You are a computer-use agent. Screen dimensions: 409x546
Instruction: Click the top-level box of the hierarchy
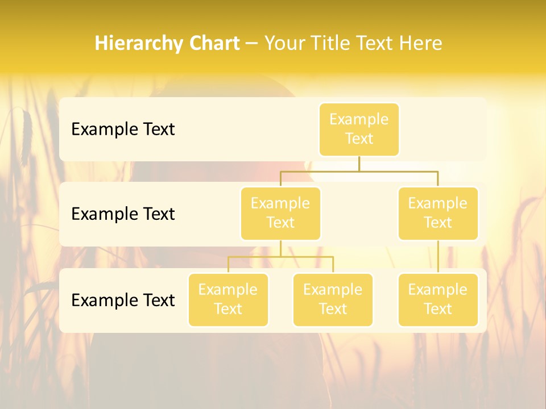tap(359, 129)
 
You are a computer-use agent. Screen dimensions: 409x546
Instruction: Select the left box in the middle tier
tap(280, 213)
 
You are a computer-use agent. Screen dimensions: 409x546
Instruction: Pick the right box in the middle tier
tap(438, 213)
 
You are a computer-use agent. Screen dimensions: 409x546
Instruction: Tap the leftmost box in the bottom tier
tap(228, 299)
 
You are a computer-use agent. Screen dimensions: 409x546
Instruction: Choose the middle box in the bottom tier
tap(333, 299)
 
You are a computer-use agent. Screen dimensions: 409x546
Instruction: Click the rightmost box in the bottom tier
tap(438, 299)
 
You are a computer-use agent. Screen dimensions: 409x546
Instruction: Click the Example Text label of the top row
tap(123, 129)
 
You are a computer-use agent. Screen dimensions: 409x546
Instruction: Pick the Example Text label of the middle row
tap(123, 214)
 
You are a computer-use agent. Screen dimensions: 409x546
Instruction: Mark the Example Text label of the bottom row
tap(123, 300)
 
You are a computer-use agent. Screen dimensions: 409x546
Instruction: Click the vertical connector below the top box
tap(359, 164)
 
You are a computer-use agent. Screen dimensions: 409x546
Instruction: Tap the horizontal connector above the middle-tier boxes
tap(359, 170)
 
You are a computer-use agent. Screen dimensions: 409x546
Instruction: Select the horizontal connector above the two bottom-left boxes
tap(280, 257)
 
